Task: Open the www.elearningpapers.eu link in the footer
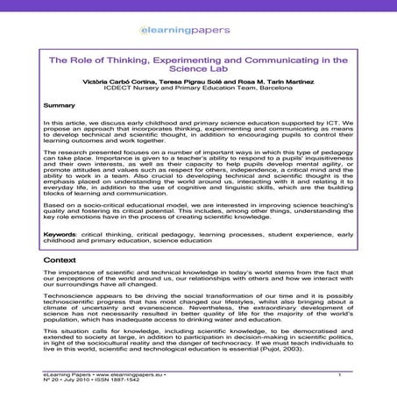click(x=119, y=376)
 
